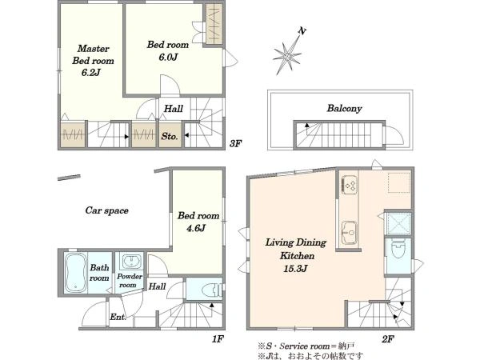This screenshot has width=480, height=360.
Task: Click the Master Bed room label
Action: point(93,54)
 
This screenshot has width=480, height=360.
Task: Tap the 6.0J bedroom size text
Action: point(168,58)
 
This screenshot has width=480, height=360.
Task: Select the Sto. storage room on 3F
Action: point(170,134)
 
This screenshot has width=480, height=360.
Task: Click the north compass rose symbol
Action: point(288,52)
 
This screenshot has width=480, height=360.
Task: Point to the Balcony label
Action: point(344,108)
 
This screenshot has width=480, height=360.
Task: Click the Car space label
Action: point(107,210)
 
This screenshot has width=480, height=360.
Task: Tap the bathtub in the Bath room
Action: point(75,272)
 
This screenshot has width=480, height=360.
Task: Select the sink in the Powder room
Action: point(132,262)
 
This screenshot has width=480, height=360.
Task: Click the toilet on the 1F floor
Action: point(213,290)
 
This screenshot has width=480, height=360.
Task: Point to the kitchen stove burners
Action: point(350,184)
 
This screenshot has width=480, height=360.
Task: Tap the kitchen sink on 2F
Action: point(350,232)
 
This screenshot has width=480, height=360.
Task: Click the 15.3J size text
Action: point(295,269)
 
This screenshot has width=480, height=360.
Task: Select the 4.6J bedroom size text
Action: point(196,228)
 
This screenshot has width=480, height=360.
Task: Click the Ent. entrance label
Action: point(118,317)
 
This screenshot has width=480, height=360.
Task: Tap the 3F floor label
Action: point(236,143)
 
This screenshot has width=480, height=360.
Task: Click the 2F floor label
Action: point(387,339)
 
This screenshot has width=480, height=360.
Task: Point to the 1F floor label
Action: point(218,339)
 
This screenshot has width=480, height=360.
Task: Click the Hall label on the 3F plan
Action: point(174,109)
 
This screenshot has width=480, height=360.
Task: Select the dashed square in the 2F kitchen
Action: point(399,182)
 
